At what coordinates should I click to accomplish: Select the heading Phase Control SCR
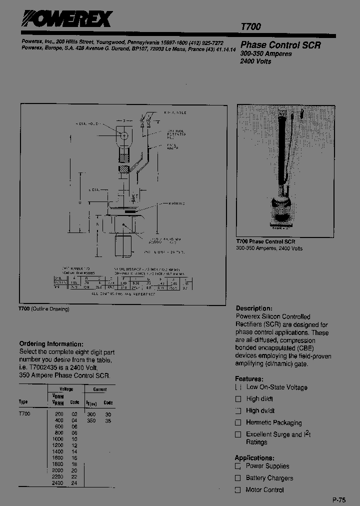pos(280,44)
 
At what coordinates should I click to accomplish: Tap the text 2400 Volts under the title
pos(256,61)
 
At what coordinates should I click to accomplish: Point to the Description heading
pos(254,308)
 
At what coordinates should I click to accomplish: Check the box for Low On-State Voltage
pos(238,387)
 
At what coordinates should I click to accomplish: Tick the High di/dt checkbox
pos(238,399)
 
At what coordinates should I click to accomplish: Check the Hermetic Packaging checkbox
pos(238,422)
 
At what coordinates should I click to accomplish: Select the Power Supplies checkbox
pos(238,466)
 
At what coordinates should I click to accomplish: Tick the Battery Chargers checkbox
pos(238,478)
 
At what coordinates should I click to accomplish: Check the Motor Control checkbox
pos(238,490)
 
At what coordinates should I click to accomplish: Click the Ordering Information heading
pos(51,344)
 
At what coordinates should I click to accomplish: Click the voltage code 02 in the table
pos(74,414)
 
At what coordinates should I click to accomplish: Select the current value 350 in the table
pos(91,421)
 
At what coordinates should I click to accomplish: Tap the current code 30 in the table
pos(108,414)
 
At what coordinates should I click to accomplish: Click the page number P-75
pos(338,500)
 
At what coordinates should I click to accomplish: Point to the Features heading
pos(249,379)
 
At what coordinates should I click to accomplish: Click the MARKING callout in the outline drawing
pos(175,203)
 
